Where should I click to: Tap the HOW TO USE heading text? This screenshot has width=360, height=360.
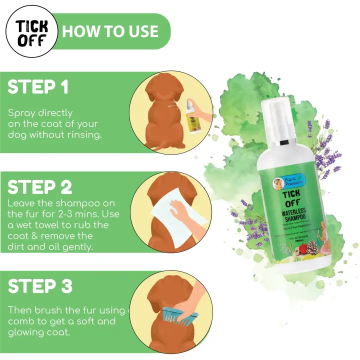110,31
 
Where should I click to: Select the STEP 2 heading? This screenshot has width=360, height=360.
40,186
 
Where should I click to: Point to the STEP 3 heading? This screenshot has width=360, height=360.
40,286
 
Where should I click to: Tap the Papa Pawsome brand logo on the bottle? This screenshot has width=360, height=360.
280,182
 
